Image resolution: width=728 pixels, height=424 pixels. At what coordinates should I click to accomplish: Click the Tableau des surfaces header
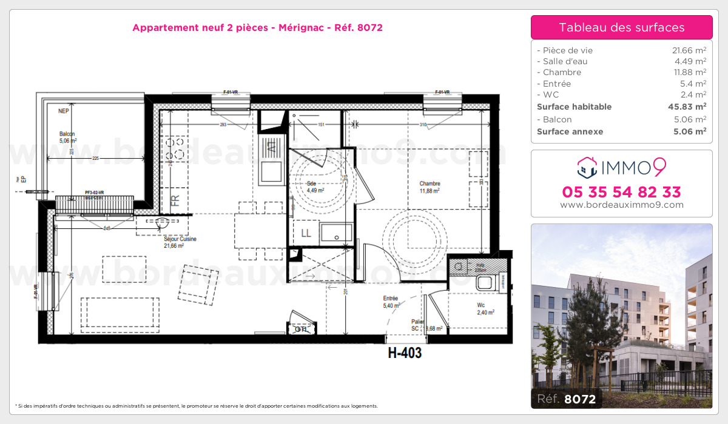pos(621,27)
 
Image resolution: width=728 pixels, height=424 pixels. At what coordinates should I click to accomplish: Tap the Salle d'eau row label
pos(564,61)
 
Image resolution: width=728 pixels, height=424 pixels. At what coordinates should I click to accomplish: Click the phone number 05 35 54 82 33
pos(621,192)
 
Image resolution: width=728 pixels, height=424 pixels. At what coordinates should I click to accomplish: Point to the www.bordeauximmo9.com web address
pos(621,205)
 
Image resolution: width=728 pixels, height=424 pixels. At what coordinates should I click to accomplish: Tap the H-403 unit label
pos(405,353)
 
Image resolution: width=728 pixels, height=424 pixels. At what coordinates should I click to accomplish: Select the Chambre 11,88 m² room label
pos(430,187)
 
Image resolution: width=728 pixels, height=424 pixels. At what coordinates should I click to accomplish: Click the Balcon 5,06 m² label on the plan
pos(67,137)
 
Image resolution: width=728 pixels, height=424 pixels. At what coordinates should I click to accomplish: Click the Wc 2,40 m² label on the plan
pos(485,309)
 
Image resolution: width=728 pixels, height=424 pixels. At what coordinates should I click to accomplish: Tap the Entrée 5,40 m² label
pos(391,302)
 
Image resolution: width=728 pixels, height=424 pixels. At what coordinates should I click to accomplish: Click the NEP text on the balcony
pos(63,111)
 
